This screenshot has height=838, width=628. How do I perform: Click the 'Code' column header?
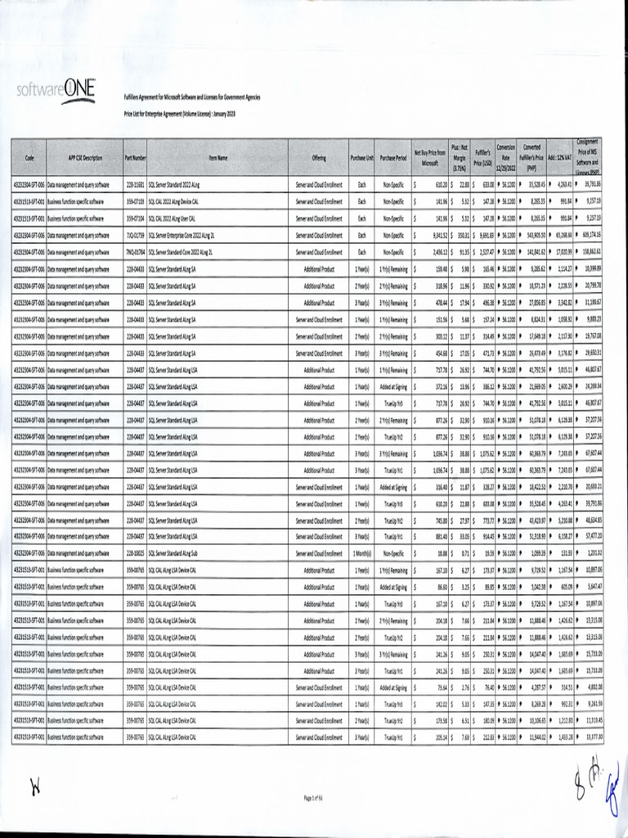point(29,157)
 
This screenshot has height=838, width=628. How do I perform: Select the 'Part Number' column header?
point(136,157)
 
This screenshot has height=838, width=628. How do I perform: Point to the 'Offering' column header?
point(319,157)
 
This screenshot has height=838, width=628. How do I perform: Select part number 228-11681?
point(136,184)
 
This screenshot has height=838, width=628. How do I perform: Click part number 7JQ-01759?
point(136,235)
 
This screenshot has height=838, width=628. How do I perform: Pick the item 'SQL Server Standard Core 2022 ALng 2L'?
point(182,252)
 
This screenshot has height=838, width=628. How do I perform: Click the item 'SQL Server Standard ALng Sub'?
point(173,554)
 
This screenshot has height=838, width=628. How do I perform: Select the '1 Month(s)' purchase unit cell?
point(362,554)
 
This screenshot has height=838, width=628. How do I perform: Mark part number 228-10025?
point(136,554)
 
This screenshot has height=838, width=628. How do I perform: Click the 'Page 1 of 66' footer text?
point(315,796)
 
